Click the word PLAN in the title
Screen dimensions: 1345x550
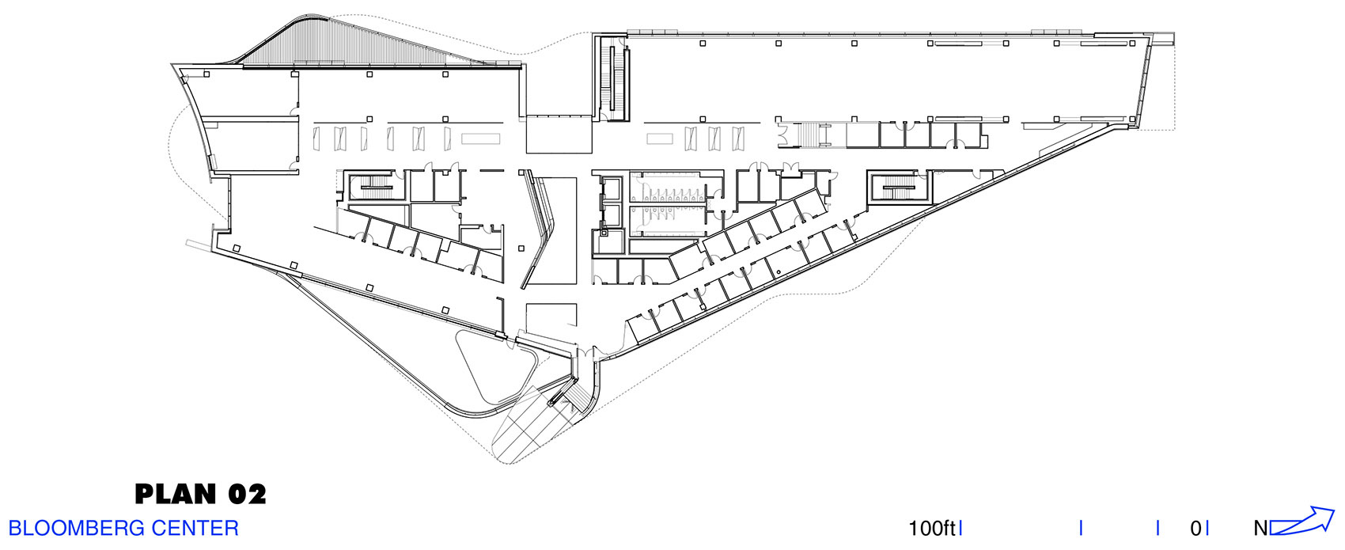[x=176, y=494]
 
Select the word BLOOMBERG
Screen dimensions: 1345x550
[x=76, y=529]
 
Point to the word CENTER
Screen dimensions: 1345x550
[x=195, y=529]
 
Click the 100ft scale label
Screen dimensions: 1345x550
[x=931, y=529]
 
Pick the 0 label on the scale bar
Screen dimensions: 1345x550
[x=1195, y=529]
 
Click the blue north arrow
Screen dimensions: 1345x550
[x=1301, y=522]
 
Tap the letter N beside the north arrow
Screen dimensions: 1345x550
[x=1261, y=529]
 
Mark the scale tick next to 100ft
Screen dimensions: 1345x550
[x=960, y=529]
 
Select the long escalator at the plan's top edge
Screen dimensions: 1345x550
[x=616, y=78]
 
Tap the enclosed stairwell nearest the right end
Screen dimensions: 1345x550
[x=899, y=187]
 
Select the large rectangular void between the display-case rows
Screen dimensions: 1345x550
[x=559, y=135]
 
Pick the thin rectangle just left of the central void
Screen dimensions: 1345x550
[x=480, y=138]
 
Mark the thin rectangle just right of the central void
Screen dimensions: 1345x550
[x=659, y=138]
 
